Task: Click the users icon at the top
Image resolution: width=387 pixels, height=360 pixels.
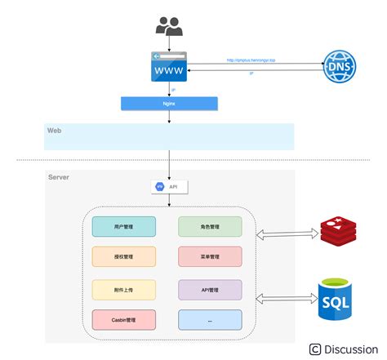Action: (169, 26)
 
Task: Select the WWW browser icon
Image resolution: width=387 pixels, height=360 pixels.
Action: (169, 68)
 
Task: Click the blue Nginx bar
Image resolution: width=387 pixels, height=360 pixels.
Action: (169, 104)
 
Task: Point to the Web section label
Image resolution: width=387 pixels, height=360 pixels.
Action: (55, 130)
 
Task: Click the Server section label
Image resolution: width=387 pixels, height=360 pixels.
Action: (59, 176)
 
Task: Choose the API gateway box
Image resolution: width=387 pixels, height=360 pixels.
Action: (169, 187)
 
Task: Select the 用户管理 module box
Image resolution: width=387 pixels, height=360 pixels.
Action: (123, 226)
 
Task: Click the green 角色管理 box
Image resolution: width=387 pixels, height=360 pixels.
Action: (210, 226)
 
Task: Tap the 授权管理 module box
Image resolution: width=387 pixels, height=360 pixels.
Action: (123, 257)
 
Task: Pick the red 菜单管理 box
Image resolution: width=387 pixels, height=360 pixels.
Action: (210, 257)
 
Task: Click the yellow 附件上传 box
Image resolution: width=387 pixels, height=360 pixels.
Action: (123, 289)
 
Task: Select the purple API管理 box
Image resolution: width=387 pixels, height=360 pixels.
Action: (210, 289)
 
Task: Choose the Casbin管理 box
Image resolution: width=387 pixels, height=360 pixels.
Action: (123, 319)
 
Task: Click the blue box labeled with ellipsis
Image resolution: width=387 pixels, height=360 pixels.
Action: (210, 319)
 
